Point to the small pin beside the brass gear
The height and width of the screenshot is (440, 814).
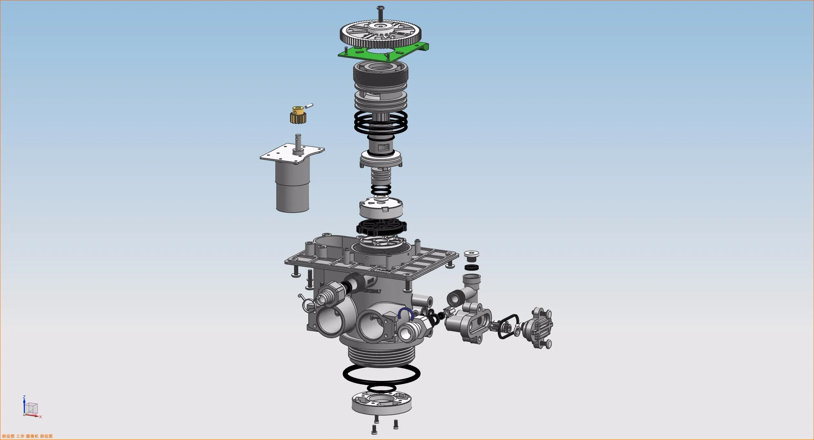(309, 106)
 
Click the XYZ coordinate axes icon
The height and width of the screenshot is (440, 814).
(31, 408)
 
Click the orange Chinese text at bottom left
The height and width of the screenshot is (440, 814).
(27, 436)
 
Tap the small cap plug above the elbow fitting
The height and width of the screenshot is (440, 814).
(471, 256)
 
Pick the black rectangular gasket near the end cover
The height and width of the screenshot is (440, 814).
(508, 326)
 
